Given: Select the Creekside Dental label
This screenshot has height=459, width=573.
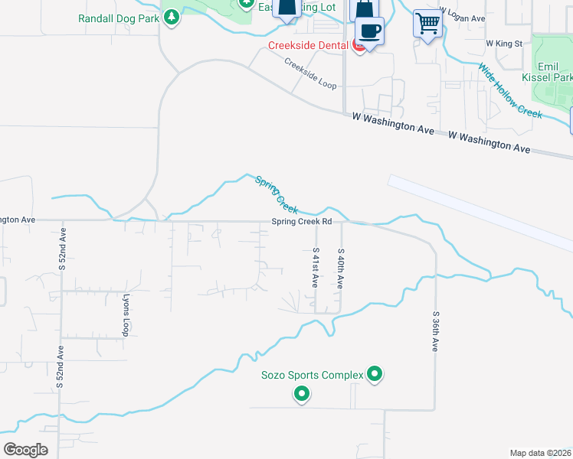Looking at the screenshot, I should click(x=309, y=46).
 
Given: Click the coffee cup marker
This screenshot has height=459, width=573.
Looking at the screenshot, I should click(x=370, y=31).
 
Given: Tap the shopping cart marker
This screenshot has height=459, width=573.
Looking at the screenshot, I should click(x=427, y=22).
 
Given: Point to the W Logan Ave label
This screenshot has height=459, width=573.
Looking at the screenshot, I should click(x=463, y=18).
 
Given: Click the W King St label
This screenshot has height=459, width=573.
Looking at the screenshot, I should click(x=503, y=44).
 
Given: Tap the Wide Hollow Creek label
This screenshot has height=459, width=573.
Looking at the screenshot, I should click(x=509, y=90).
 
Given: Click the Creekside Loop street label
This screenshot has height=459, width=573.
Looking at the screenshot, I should click(x=310, y=73).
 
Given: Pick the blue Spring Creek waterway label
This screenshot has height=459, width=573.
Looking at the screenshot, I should click(x=277, y=194).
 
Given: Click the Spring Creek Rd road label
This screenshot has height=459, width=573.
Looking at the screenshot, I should click(x=301, y=222).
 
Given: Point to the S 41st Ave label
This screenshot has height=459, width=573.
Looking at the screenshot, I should click(x=315, y=267).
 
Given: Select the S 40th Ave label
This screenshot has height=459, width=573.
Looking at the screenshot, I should click(x=340, y=267).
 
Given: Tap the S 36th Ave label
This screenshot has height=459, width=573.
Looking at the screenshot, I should click(x=434, y=330).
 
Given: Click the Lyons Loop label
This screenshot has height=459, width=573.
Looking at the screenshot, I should click(x=126, y=314).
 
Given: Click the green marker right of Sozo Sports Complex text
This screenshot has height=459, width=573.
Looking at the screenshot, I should click(x=375, y=374).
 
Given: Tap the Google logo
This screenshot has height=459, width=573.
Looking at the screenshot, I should click(x=25, y=450).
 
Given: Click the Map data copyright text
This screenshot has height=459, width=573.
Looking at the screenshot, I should click(x=541, y=453).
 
